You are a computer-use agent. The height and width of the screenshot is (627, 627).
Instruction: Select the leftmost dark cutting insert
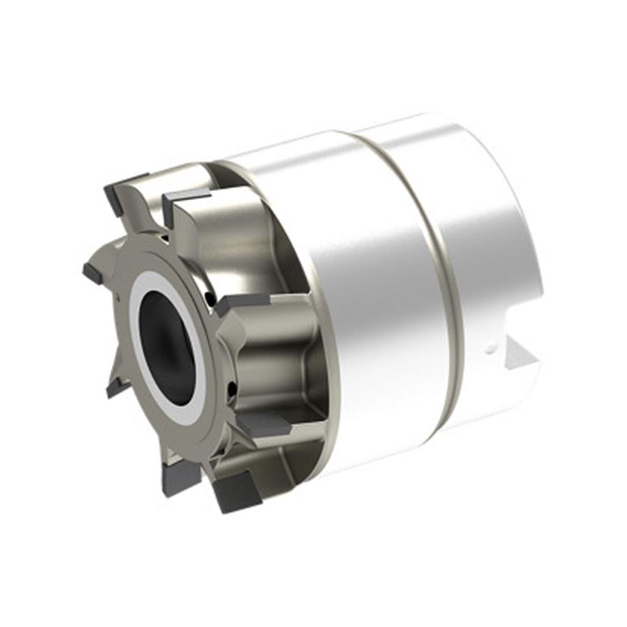(x=92, y=273)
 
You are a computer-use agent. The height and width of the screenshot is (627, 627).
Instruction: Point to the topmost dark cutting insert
(x=125, y=188)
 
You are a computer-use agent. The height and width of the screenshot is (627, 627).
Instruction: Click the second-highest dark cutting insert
(x=185, y=199)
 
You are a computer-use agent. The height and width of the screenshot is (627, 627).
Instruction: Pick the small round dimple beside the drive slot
(x=493, y=344)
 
